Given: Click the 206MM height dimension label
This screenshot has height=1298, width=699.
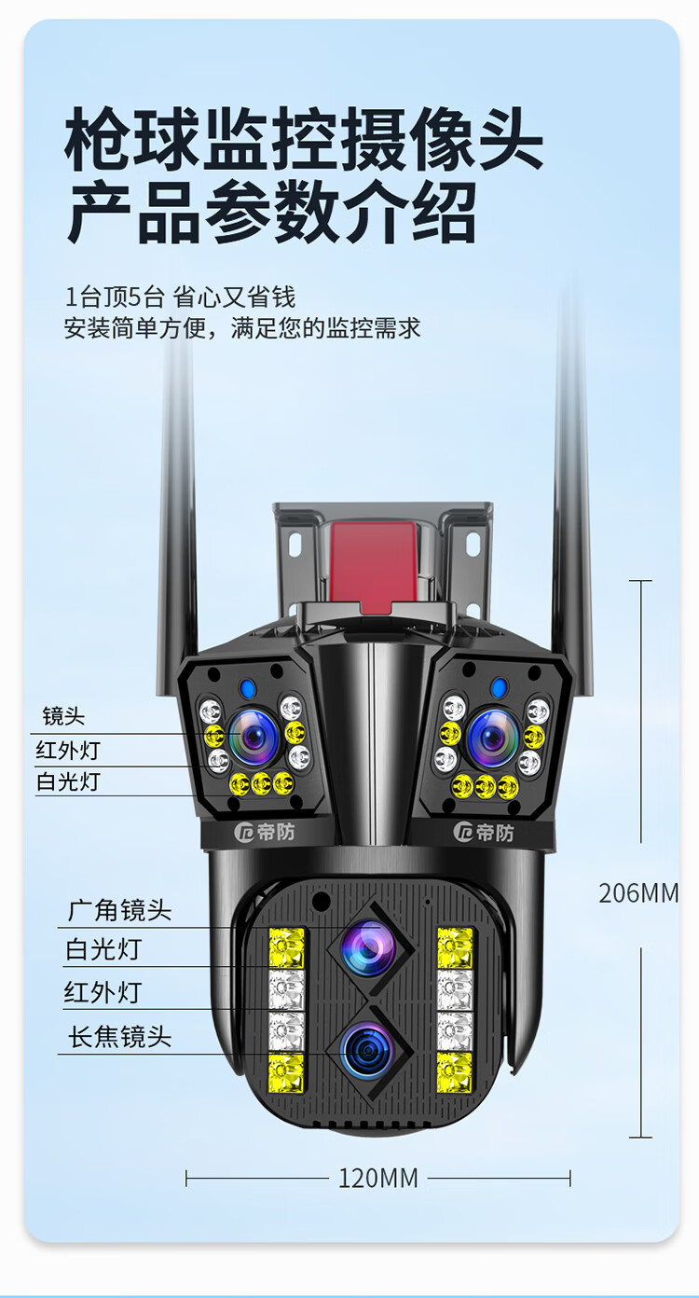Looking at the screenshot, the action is (638, 893).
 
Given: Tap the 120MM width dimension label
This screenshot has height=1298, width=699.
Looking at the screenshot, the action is (377, 1178).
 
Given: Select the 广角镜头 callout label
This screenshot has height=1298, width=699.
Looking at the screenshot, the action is (120, 910).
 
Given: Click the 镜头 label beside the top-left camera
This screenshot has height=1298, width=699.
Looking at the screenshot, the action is (63, 716).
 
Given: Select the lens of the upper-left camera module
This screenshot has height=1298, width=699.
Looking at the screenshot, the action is (254, 738).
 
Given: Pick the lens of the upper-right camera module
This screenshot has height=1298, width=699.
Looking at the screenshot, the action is (493, 738).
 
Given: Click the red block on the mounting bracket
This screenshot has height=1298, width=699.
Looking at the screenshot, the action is (374, 562).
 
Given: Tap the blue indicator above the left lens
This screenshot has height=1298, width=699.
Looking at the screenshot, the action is (249, 689).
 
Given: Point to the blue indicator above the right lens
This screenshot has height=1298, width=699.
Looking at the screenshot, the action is (498, 688).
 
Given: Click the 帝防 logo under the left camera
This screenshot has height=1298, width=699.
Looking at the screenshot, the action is (265, 832).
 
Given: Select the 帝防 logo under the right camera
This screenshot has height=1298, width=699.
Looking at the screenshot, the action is (484, 833).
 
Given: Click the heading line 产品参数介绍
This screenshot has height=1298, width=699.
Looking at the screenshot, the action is (272, 213).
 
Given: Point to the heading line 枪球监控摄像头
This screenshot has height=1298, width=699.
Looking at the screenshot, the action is (304, 139).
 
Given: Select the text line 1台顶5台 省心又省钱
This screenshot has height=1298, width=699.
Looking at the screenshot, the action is (180, 297).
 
